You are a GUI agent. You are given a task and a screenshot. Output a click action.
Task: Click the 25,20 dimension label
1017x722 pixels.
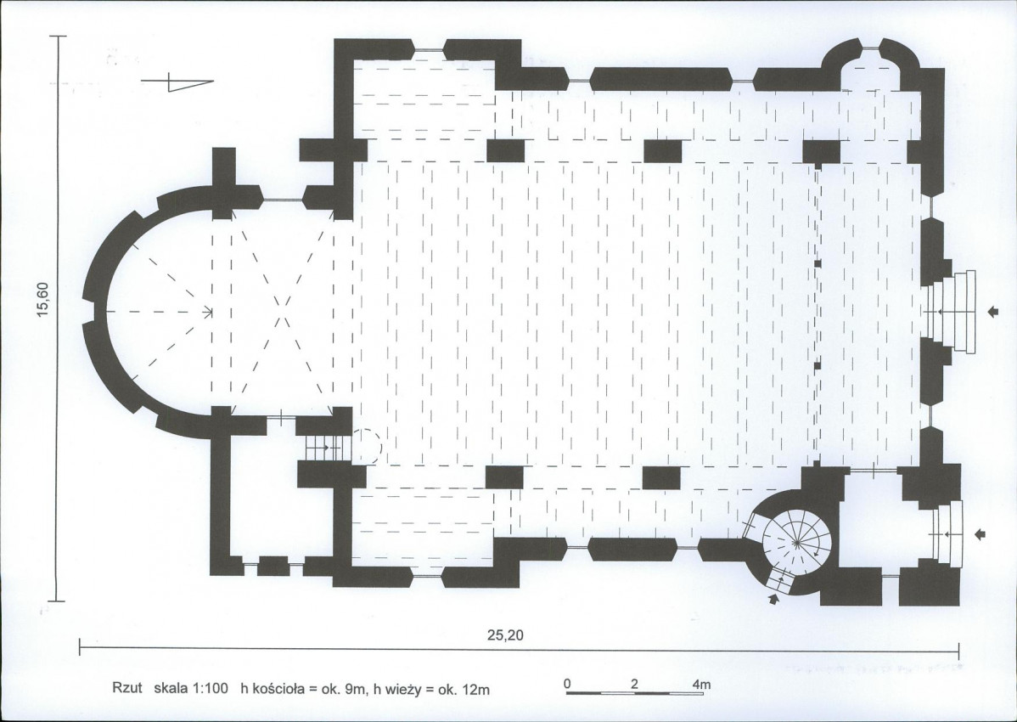click(504, 635)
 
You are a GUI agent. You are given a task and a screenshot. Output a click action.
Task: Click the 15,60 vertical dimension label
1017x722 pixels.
click(42, 301)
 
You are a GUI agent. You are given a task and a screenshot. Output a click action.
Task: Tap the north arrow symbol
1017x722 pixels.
click(177, 82)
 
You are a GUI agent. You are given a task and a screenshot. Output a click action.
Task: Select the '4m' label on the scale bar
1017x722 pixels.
click(702, 684)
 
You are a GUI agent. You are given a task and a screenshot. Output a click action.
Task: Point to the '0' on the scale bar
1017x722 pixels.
click(568, 684)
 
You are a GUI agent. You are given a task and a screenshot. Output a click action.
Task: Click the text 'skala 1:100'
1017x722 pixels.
click(191, 689)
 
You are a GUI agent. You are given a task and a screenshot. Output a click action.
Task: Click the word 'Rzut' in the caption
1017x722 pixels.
click(127, 689)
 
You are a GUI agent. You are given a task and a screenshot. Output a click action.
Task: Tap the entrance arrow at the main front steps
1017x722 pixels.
click(993, 312)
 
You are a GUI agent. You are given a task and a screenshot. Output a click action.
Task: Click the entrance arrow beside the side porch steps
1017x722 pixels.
click(980, 534)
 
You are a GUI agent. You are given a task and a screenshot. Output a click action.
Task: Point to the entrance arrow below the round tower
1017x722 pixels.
click(773, 600)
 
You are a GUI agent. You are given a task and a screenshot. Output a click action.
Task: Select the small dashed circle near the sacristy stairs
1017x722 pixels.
click(367, 445)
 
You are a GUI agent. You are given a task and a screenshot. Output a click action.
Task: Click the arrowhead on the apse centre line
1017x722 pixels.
click(209, 313)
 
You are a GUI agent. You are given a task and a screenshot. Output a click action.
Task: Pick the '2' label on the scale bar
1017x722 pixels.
click(633, 684)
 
